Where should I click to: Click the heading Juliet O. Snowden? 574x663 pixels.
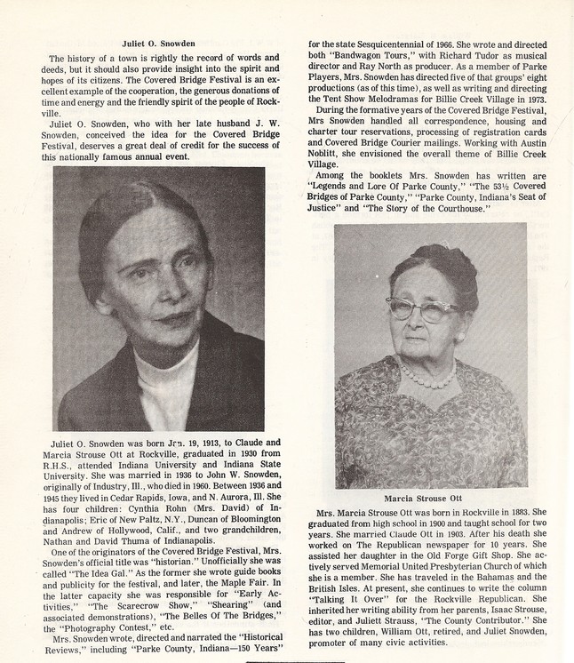click(160, 41)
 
